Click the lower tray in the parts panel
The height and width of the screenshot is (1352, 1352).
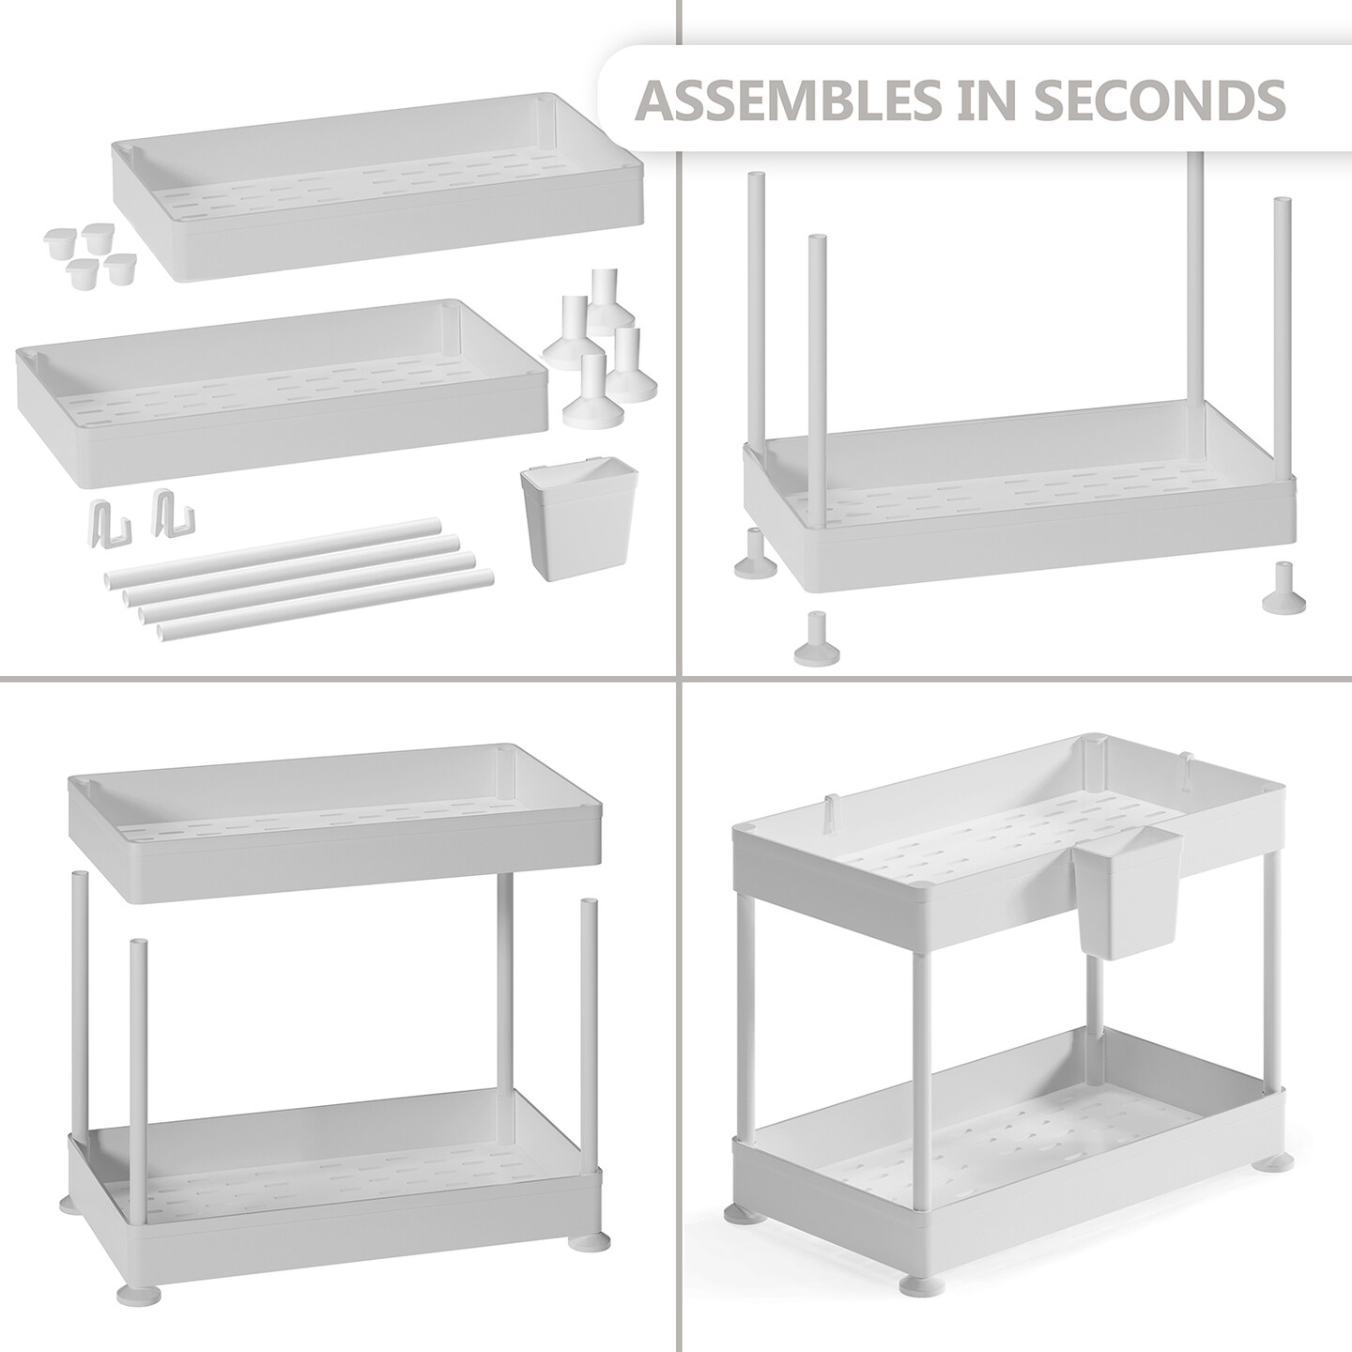pyautogui.click(x=281, y=394)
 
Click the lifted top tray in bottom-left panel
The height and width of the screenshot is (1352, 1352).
pyautogui.click(x=335, y=824)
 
